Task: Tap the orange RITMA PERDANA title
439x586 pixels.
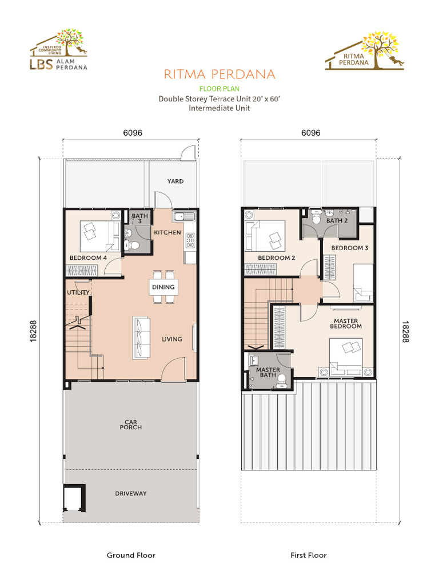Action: pos(219,75)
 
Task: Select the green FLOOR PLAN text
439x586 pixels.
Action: pos(219,89)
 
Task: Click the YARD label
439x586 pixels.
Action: pos(175,181)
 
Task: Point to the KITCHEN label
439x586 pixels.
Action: pos(167,233)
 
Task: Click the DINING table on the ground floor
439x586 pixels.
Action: pos(163,286)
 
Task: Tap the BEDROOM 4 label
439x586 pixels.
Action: pos(88,258)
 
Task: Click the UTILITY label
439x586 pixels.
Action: pos(78,292)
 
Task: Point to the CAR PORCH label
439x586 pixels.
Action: pos(131,425)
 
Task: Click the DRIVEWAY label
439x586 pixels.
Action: pos(131,493)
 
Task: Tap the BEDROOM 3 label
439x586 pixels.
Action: pos(350,248)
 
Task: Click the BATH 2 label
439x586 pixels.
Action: pos(337,220)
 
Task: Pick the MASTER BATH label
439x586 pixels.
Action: pos(268,372)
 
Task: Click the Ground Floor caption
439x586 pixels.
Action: pos(131,555)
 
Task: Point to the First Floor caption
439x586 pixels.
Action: pos(309,555)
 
